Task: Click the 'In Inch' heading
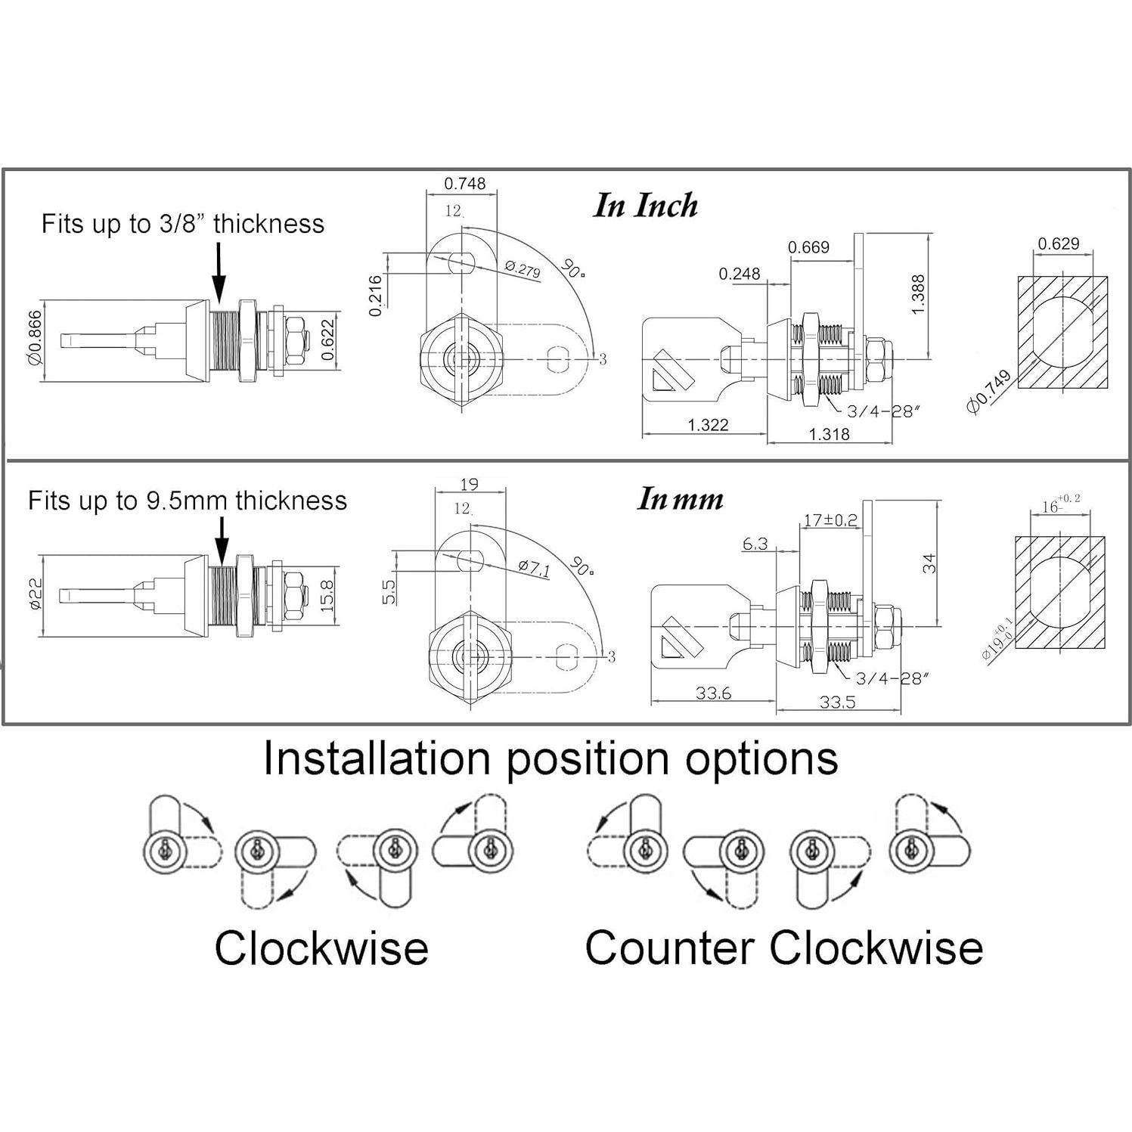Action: point(645,206)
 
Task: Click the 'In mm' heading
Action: point(680,499)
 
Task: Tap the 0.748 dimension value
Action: point(464,184)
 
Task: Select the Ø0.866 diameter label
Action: point(34,338)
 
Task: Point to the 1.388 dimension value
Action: point(917,295)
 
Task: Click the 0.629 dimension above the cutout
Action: point(1058,243)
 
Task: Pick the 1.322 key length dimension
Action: point(708,425)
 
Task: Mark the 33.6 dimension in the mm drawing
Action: point(713,693)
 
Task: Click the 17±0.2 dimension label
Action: point(830,519)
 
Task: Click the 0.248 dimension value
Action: point(740,274)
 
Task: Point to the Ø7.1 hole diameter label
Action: point(535,569)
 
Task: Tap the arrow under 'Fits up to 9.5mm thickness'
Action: point(222,542)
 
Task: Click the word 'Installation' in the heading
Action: point(377,758)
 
